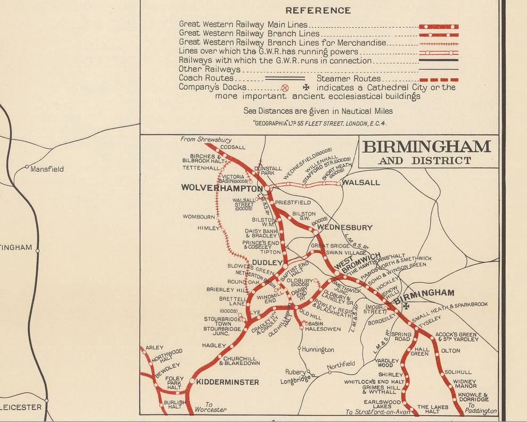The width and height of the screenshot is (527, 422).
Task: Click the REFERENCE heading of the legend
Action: click(x=318, y=10)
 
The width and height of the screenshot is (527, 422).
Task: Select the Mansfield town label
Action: click(x=47, y=169)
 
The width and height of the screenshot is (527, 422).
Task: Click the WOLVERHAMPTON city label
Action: click(x=221, y=188)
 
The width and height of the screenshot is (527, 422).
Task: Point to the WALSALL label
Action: click(x=361, y=183)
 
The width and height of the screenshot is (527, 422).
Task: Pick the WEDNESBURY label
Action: click(x=345, y=227)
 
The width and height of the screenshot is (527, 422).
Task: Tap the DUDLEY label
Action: click(x=266, y=262)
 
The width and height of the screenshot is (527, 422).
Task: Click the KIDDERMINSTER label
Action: click(x=227, y=382)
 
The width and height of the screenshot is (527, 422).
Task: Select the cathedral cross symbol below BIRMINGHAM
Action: click(x=406, y=306)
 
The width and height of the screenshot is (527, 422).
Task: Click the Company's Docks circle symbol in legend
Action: click(x=285, y=88)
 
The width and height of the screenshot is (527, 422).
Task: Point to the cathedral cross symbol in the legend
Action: click(x=306, y=87)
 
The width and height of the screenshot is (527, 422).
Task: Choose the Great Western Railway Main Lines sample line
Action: click(x=438, y=26)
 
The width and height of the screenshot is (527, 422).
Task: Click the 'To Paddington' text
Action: click(x=481, y=411)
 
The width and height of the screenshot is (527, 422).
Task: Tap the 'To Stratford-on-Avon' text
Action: click(x=378, y=411)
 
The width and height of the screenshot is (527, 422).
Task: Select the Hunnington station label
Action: click(x=318, y=350)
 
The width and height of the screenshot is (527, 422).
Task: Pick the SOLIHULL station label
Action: click(x=458, y=371)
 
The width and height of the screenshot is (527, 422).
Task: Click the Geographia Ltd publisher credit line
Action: click(x=319, y=123)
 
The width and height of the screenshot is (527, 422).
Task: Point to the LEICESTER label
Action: click(x=20, y=407)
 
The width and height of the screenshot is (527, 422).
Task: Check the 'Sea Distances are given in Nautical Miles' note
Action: click(x=318, y=111)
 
